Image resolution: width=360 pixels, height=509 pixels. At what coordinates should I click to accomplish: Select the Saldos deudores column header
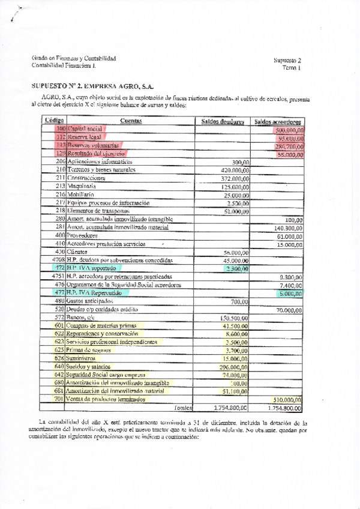pyautogui.click(x=222, y=122)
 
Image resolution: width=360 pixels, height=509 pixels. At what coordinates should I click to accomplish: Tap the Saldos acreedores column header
pyautogui.click(x=277, y=122)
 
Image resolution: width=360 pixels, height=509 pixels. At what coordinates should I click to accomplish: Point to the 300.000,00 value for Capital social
pyautogui.click(x=289, y=130)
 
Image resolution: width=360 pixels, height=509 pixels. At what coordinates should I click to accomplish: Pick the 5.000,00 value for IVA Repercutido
pyautogui.click(x=291, y=293)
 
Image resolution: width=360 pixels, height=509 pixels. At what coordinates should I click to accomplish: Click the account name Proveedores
pyautogui.click(x=83, y=236)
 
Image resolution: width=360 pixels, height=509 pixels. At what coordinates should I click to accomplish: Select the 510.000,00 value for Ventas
pyautogui.click(x=288, y=399)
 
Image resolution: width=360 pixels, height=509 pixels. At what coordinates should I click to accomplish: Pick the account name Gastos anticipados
pyautogui.click(x=90, y=301)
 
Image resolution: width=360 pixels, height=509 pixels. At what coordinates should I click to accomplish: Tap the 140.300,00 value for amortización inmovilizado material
pyautogui.click(x=288, y=227)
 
